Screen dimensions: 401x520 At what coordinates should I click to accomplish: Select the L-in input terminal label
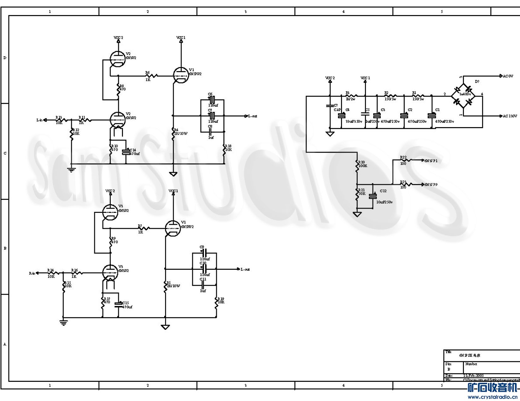click(x=40, y=120)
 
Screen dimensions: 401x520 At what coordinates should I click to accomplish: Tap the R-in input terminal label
click(x=32, y=273)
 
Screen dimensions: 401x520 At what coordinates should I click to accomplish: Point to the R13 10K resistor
click(x=61, y=120)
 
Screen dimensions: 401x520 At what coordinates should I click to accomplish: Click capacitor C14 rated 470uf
click(x=126, y=152)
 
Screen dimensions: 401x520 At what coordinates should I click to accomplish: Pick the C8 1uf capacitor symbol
click(x=210, y=132)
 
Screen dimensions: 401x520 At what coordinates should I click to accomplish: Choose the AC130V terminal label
click(x=509, y=116)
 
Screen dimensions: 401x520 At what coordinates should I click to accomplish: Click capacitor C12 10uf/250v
click(x=373, y=196)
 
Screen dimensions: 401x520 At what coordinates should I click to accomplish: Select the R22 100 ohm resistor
click(x=406, y=160)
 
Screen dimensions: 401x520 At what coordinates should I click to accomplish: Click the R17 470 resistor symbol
click(x=102, y=303)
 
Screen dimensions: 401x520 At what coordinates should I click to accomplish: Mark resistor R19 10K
click(x=217, y=302)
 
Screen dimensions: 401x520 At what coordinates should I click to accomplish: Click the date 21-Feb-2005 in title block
click(x=473, y=376)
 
